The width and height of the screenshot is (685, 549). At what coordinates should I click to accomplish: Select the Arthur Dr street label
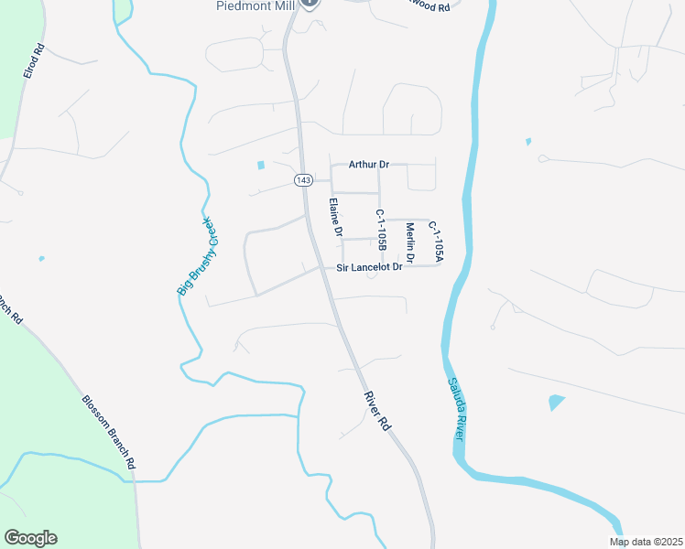[x=369, y=165]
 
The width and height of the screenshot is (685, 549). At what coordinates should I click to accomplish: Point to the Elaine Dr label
[x=336, y=219]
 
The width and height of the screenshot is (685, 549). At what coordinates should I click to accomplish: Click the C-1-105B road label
[x=380, y=230]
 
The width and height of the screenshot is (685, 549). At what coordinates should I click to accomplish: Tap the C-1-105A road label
[x=437, y=241]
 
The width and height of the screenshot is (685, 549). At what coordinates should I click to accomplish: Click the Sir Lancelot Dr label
[x=369, y=267]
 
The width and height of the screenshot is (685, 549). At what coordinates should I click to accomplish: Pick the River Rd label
[x=377, y=412]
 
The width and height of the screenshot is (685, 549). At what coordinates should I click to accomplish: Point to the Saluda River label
[x=456, y=410]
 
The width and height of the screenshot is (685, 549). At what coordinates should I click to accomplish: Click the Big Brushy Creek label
[x=195, y=255]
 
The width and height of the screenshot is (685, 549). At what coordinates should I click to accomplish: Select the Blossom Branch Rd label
[x=108, y=433]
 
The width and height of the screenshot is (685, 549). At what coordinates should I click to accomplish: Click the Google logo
[x=30, y=538]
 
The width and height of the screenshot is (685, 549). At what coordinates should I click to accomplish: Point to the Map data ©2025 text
[x=646, y=542]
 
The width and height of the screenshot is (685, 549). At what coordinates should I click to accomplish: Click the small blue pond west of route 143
[x=261, y=166]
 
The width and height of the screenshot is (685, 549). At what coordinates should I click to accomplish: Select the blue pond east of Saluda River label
[x=556, y=403]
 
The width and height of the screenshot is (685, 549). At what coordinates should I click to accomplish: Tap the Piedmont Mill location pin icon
[x=310, y=4]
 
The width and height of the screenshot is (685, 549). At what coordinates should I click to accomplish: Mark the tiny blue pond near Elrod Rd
[x=41, y=259]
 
